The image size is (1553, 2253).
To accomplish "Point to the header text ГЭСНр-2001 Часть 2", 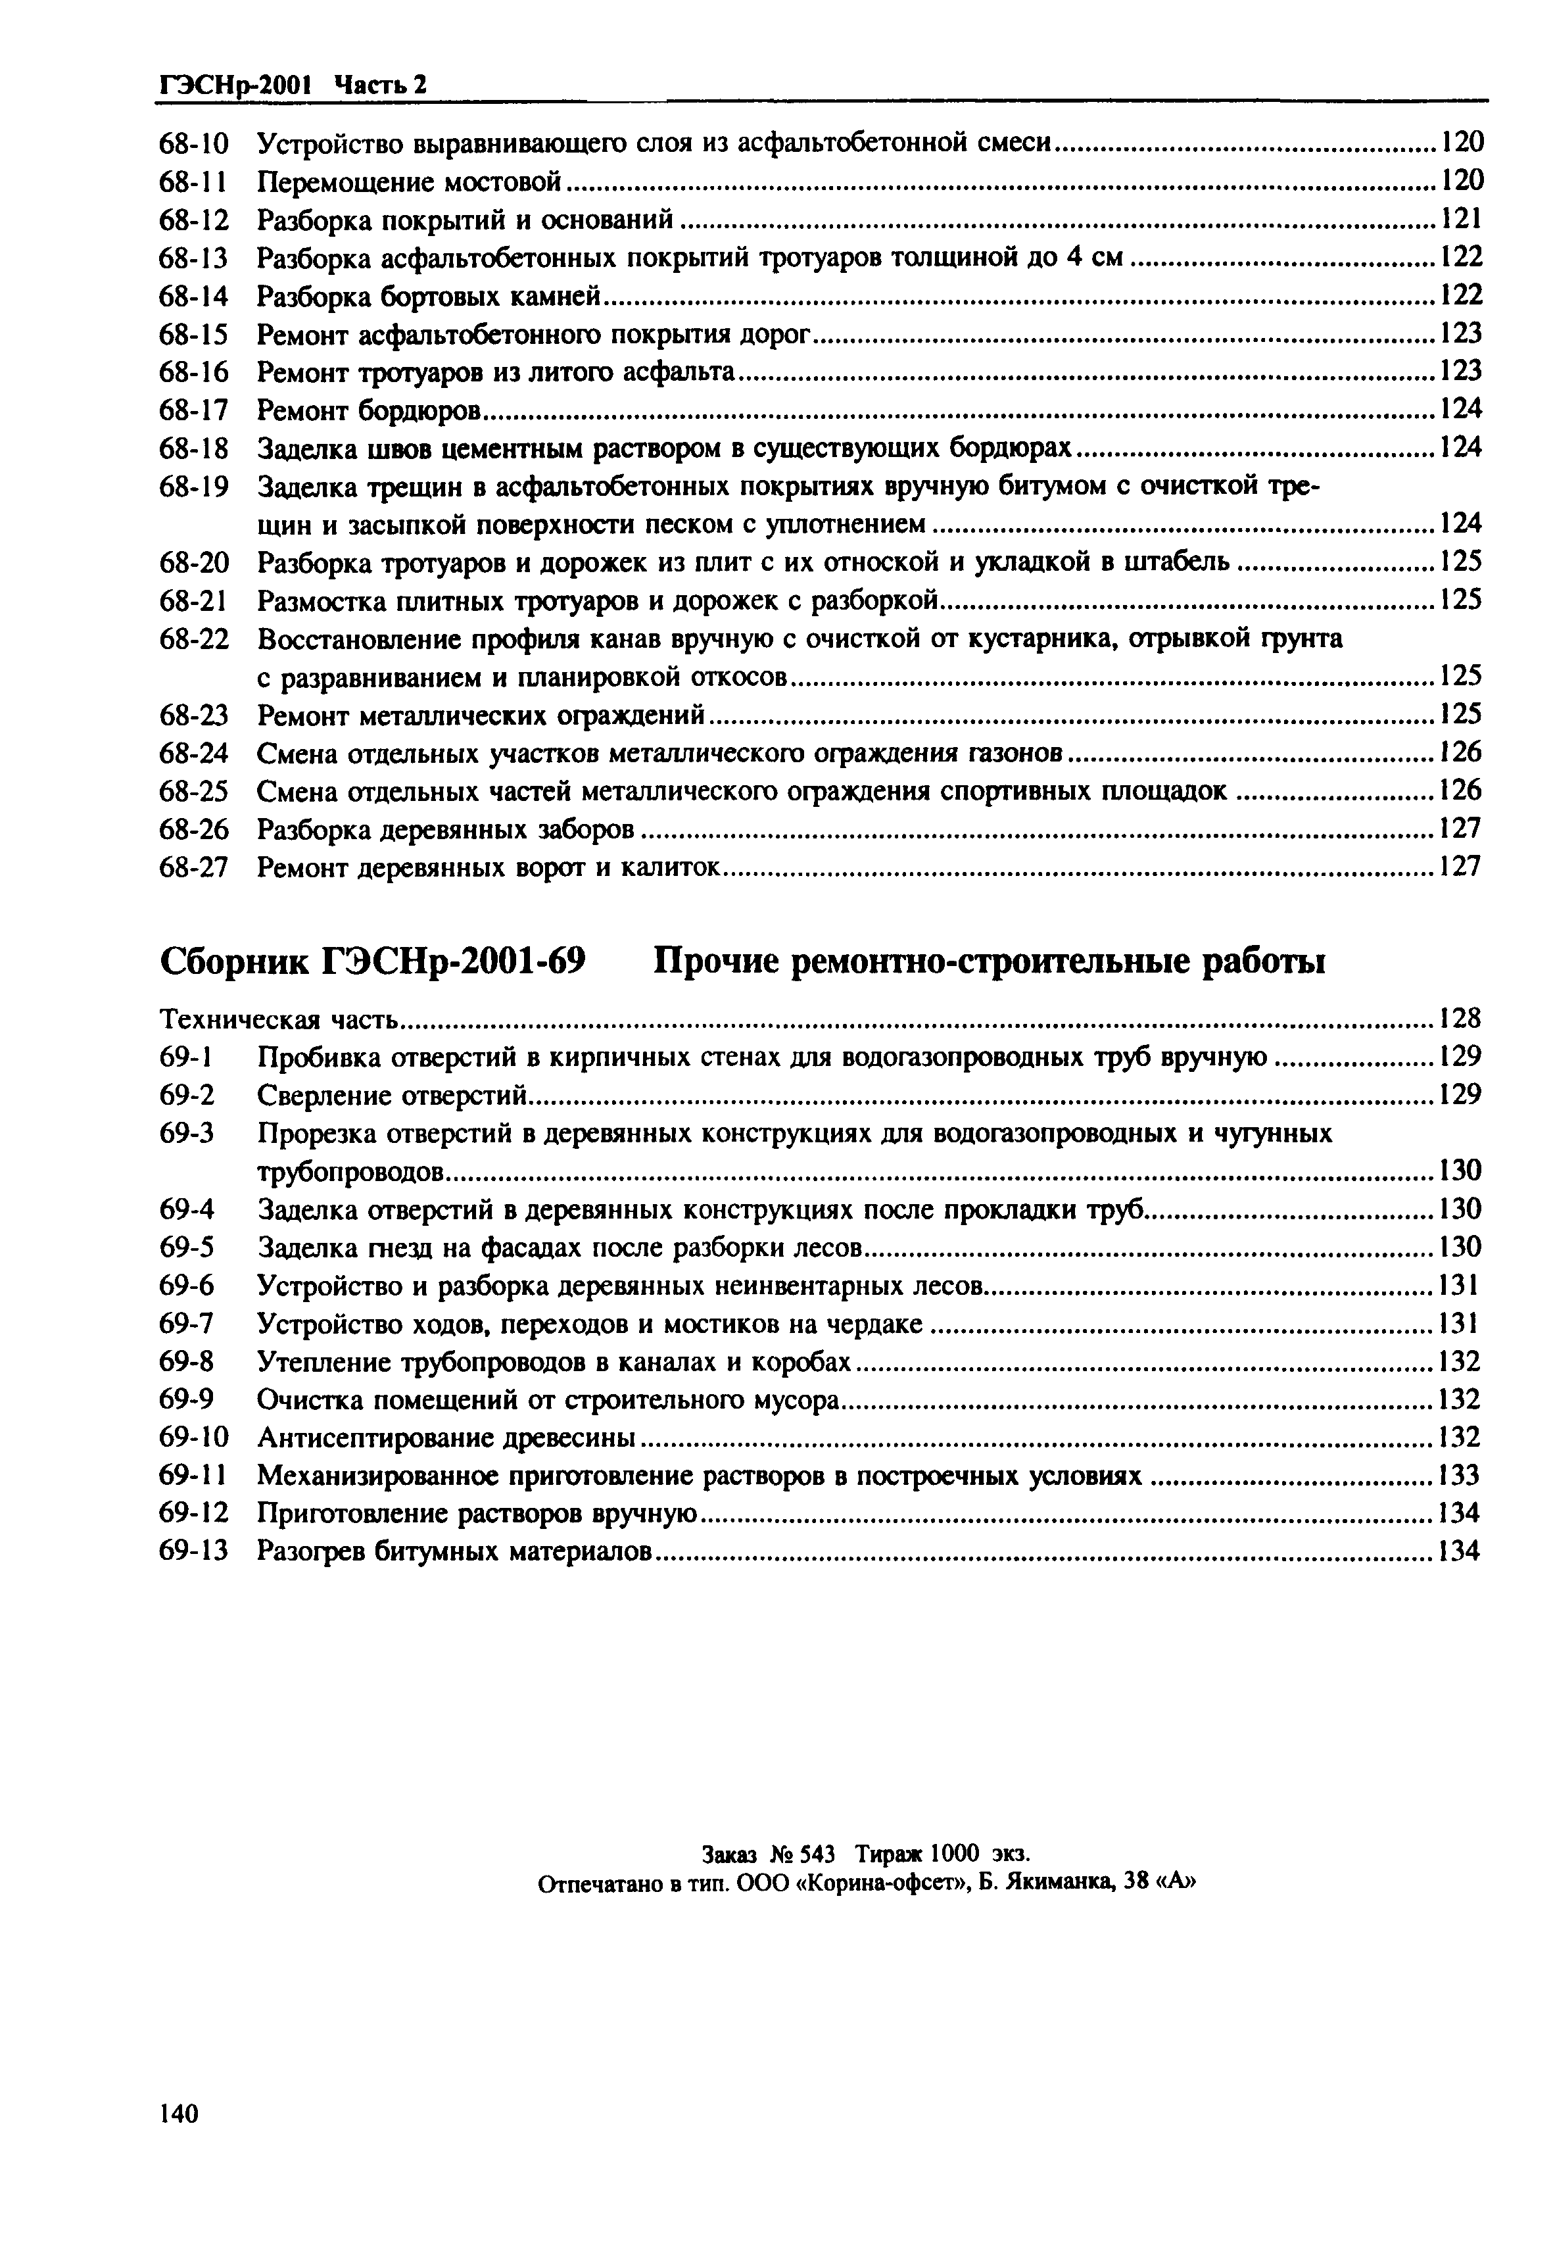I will (293, 85).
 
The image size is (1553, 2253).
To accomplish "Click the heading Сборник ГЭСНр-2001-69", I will (371, 961).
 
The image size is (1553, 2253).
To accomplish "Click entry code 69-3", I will (186, 1134).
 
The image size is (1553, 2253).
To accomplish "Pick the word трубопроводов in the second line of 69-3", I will (351, 1172).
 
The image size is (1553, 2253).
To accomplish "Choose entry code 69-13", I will (193, 1552).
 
